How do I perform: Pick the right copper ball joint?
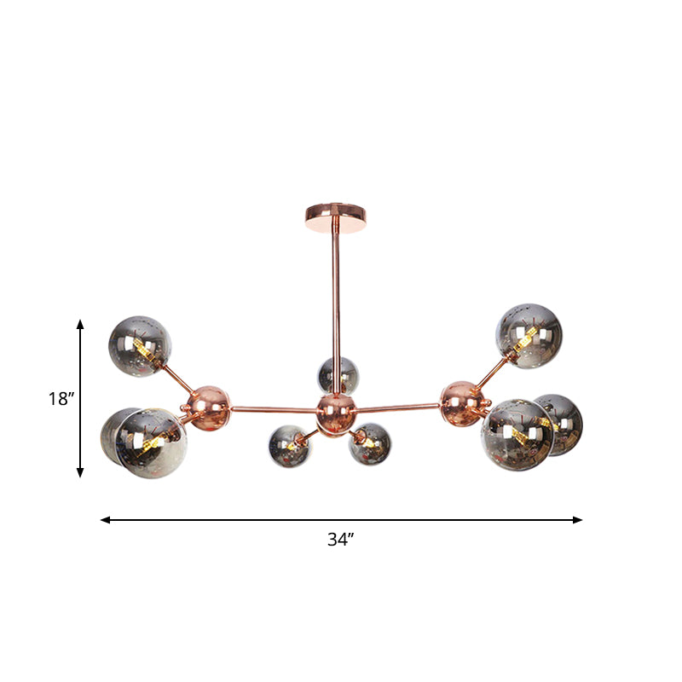[x=462, y=399]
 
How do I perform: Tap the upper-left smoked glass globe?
[x=140, y=346]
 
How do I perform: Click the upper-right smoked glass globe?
[x=530, y=335]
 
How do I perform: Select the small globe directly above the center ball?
[x=338, y=375]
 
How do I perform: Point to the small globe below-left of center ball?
[x=290, y=445]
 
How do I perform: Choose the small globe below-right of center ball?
[x=370, y=443]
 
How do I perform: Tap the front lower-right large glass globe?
[x=517, y=435]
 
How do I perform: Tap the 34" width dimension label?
[x=340, y=539]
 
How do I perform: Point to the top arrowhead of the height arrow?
[x=80, y=325]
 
